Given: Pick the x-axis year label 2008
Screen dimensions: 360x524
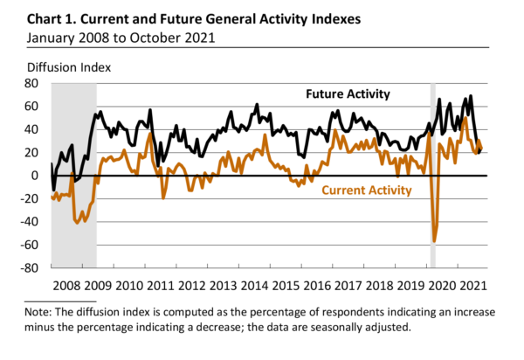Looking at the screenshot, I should pos(66,285).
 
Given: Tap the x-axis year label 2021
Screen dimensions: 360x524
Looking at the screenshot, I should pos(472,285).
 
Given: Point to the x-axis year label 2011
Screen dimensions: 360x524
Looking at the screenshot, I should pos(160,285).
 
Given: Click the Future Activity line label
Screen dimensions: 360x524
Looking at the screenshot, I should pos(347,93).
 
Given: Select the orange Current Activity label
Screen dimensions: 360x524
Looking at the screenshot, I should pos(367,190).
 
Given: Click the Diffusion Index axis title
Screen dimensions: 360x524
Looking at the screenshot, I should pos(70,65).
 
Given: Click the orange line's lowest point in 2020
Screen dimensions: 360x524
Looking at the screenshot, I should pos(434,241).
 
